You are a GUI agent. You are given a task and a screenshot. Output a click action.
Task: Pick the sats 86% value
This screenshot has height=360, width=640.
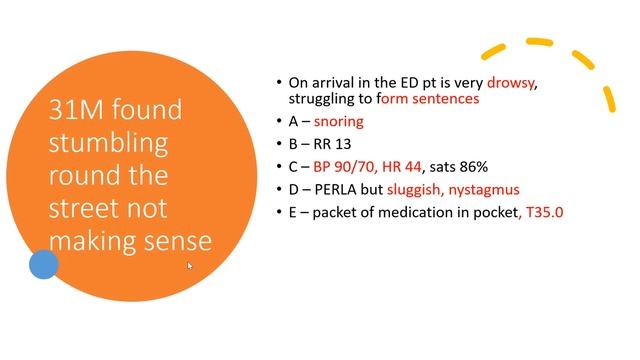458,166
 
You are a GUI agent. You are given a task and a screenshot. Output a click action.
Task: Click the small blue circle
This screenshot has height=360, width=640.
43,265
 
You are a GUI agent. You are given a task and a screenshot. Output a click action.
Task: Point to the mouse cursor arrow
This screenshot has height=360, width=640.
190,266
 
